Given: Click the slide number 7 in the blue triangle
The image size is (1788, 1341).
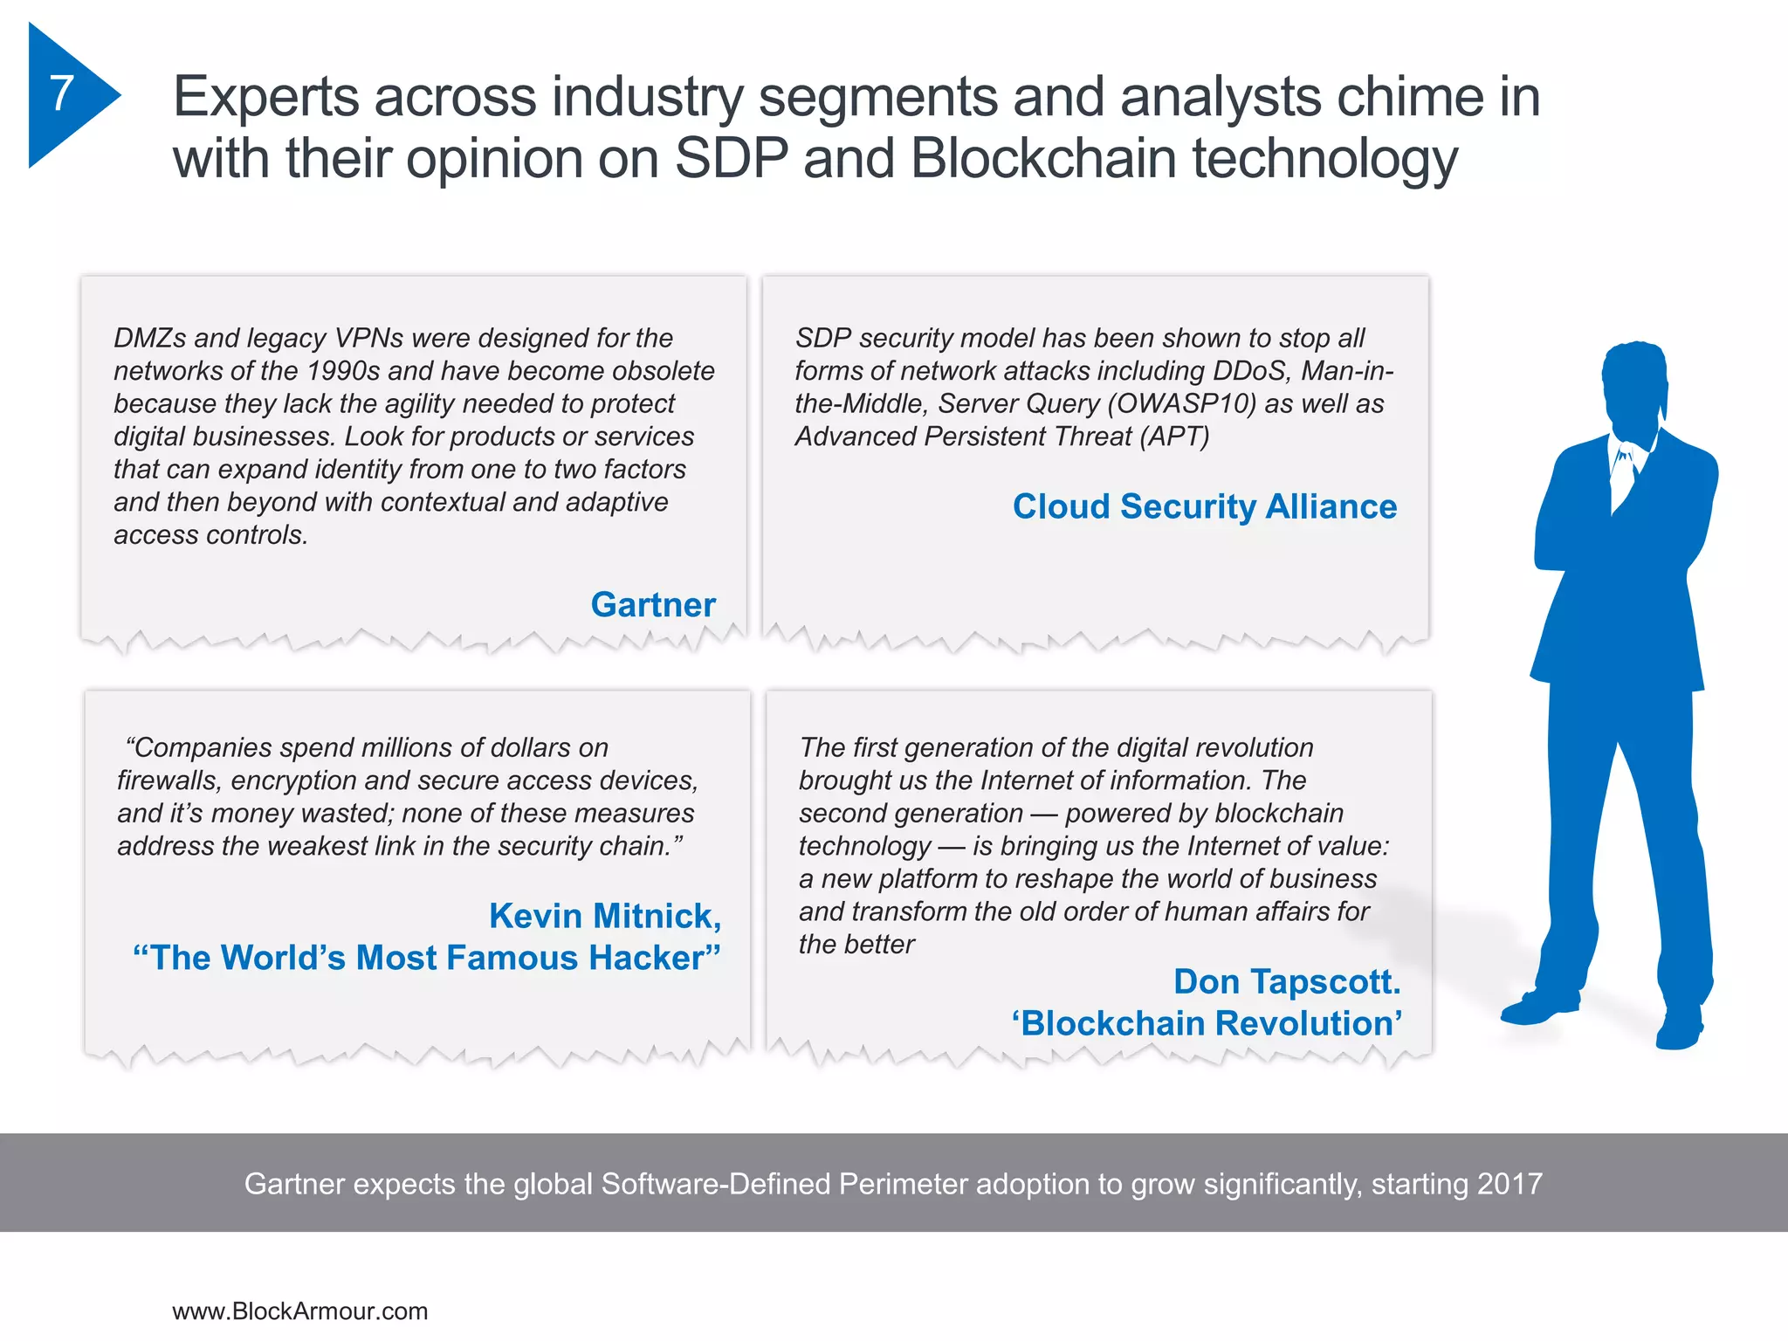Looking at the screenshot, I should point(61,93).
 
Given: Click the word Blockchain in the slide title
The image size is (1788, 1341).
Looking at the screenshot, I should point(1044,159).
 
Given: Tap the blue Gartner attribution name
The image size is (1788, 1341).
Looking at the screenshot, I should point(653,605).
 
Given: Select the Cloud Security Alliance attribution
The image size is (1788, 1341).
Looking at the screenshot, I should point(1204,506).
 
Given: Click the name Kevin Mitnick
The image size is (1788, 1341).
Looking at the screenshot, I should point(604,916).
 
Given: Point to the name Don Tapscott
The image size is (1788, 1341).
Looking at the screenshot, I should point(1286,981).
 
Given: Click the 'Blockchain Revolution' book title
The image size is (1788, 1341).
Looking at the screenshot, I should point(1207,1023).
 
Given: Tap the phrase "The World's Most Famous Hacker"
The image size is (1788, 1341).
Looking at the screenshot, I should point(427,958).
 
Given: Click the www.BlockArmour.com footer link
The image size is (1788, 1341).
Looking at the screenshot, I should point(299,1311).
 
